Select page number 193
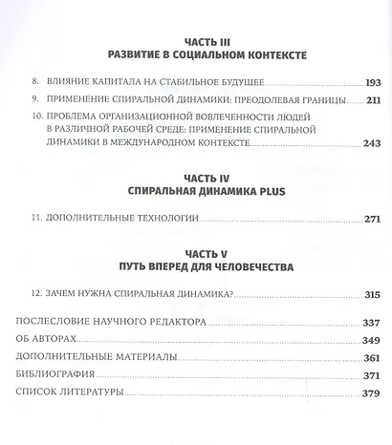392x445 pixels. (367, 84)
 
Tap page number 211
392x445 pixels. (367, 99)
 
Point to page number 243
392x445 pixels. (367, 143)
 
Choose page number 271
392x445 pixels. (367, 219)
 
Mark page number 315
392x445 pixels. (367, 295)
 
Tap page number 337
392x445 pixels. (367, 322)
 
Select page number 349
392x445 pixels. (367, 339)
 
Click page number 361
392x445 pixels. (367, 356)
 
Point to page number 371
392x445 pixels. (367, 374)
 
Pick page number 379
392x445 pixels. (367, 392)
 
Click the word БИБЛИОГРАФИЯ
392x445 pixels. (69, 374)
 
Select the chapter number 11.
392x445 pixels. (37, 219)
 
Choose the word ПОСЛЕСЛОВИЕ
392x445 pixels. (74, 322)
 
